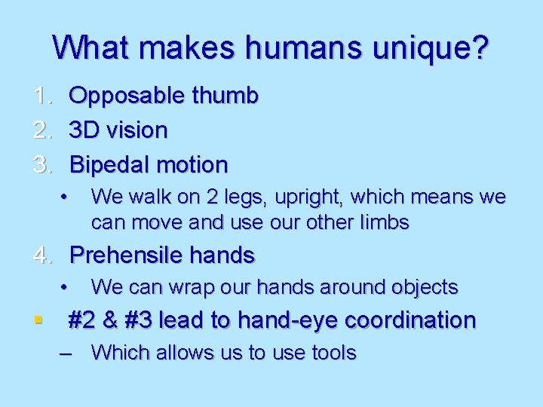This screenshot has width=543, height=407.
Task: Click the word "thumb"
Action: tap(224, 96)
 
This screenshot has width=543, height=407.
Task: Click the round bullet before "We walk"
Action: tap(66, 197)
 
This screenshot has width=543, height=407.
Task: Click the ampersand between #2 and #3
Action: tap(110, 320)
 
